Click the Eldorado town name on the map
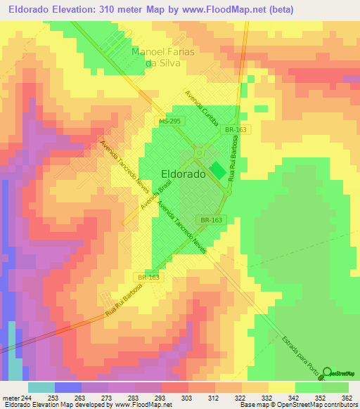coord(183,173)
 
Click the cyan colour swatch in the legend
coord(41,387)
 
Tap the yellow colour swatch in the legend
coord(281,387)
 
